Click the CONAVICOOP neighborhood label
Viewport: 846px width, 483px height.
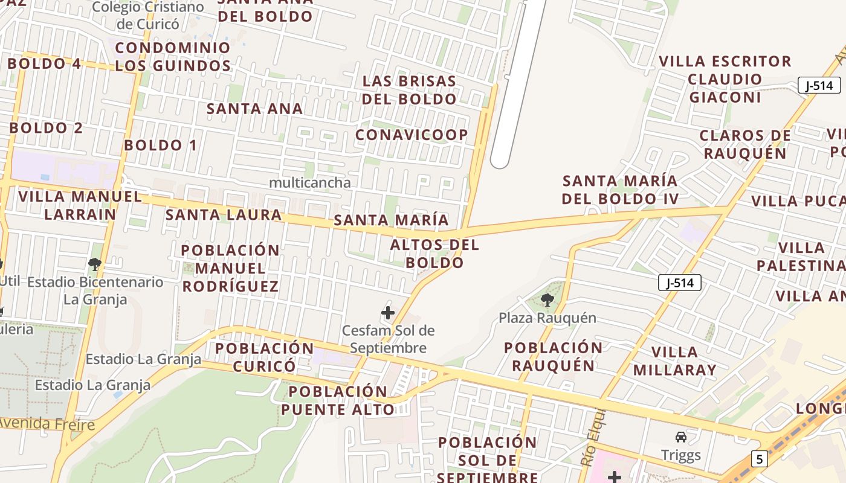[x=412, y=135]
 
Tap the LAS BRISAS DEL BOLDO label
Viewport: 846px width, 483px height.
[x=410, y=90]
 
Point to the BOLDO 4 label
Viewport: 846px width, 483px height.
[x=45, y=63]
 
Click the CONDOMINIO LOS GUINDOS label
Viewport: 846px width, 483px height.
[x=173, y=56]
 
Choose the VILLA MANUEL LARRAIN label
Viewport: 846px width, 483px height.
[x=80, y=205]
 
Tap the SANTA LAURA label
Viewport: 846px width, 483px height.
[x=224, y=214]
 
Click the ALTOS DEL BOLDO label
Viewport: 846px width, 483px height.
[x=434, y=254]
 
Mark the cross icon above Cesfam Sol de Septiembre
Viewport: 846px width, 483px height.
[x=388, y=313]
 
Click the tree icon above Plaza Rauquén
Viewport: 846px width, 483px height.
[x=547, y=299]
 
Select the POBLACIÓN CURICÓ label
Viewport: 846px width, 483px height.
[x=265, y=357]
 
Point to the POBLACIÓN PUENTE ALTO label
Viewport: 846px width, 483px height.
[x=338, y=400]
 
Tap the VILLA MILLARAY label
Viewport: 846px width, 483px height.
[x=674, y=360]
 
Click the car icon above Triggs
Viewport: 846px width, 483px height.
[x=681, y=437]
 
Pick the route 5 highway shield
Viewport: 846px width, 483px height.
[x=759, y=459]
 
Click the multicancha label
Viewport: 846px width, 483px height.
[x=309, y=182]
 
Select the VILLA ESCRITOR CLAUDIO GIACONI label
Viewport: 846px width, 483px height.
[x=725, y=79]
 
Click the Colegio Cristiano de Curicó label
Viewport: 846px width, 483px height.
[x=148, y=16]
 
